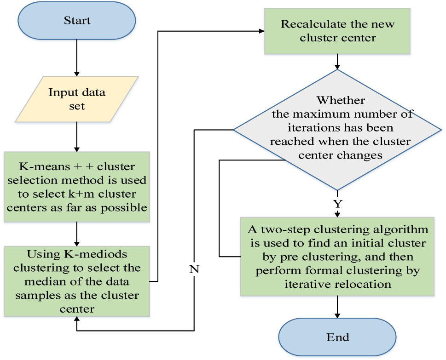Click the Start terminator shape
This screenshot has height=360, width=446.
click(x=77, y=21)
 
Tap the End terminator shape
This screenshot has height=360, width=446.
click(x=337, y=337)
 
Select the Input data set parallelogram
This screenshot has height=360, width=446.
click(x=77, y=99)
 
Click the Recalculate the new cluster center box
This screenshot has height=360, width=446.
click(x=338, y=31)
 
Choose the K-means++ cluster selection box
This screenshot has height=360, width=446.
click(x=77, y=186)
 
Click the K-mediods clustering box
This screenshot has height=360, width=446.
click(x=77, y=281)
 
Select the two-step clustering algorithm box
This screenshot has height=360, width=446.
click(x=338, y=257)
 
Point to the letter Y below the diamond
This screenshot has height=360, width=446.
click(x=338, y=204)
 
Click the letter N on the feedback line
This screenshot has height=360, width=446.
click(x=194, y=269)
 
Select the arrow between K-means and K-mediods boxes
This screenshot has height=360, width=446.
click(x=77, y=234)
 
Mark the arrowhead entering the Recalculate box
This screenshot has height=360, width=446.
click(x=261, y=31)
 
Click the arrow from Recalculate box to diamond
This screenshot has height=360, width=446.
click(x=338, y=61)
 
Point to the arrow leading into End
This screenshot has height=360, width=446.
click(x=338, y=307)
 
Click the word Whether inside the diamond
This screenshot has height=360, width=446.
click(x=341, y=100)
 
